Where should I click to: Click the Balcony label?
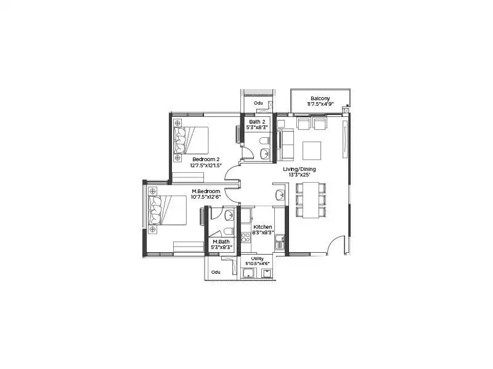pos(320,98)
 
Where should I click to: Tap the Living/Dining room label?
pos(300,169)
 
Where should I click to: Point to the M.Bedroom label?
pos(205,191)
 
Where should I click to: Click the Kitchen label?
pos(263,227)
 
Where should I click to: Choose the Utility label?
pos(257,259)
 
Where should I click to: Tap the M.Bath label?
pos(221,242)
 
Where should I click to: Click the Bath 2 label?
pos(258,122)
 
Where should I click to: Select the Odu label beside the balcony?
pos(258,103)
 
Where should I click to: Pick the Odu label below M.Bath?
pos(216,272)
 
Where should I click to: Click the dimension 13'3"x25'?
pos(300,175)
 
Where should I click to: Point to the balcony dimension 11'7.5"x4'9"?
pos(320,105)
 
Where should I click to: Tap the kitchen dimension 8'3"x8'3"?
pos(263,233)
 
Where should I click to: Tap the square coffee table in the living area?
pos(312,149)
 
